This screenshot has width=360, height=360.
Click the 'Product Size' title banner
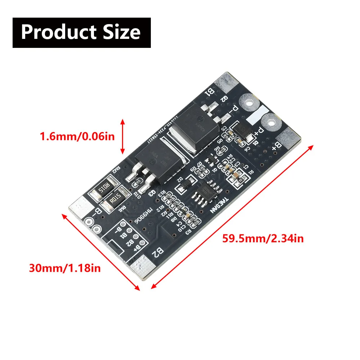[81, 32]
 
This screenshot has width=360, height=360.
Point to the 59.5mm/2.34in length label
[263, 238]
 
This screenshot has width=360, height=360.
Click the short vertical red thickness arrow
[123, 137]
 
